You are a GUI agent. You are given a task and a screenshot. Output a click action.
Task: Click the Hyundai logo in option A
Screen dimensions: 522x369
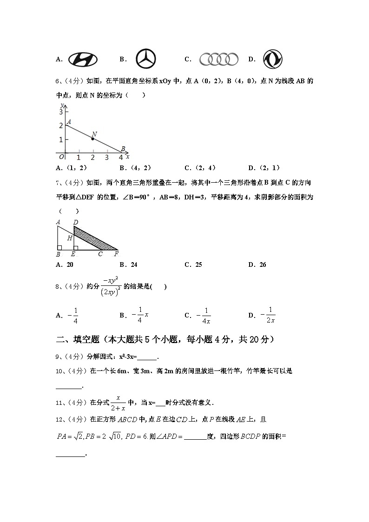[83, 59]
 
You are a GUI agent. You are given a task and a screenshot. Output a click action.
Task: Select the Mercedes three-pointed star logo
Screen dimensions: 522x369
[146, 59]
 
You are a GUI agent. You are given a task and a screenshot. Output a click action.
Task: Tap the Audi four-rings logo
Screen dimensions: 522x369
[219, 59]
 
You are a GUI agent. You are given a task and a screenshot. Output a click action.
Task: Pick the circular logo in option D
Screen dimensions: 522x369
[273, 59]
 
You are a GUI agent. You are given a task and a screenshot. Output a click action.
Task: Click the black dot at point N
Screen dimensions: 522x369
[93, 139]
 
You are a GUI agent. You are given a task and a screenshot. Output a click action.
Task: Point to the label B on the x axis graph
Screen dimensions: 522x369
[123, 149]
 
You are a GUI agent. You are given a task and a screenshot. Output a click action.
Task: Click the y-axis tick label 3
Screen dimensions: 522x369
[60, 112]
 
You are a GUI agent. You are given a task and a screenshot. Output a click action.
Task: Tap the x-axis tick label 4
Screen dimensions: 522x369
[121, 158]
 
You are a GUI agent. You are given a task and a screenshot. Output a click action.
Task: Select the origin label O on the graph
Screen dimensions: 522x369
[61, 157]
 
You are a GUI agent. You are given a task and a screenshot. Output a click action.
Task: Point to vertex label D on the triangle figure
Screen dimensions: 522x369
[76, 222]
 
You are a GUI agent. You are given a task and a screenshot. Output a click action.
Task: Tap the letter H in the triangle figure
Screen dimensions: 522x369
[69, 238]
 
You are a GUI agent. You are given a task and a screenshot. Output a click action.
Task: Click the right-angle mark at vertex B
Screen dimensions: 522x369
[59, 247]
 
